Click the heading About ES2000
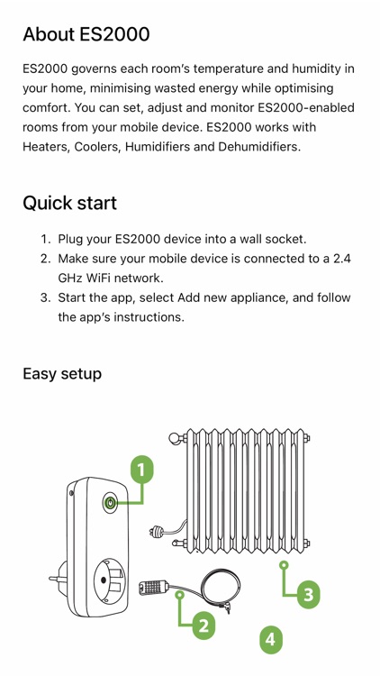tap(86, 34)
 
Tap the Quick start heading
tap(69, 203)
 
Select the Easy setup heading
tap(62, 373)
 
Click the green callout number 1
tap(142, 469)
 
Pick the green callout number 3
tap(309, 593)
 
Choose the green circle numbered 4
tap(270, 640)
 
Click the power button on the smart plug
tap(110, 503)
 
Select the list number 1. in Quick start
tap(45, 239)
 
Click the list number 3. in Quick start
tap(45, 297)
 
